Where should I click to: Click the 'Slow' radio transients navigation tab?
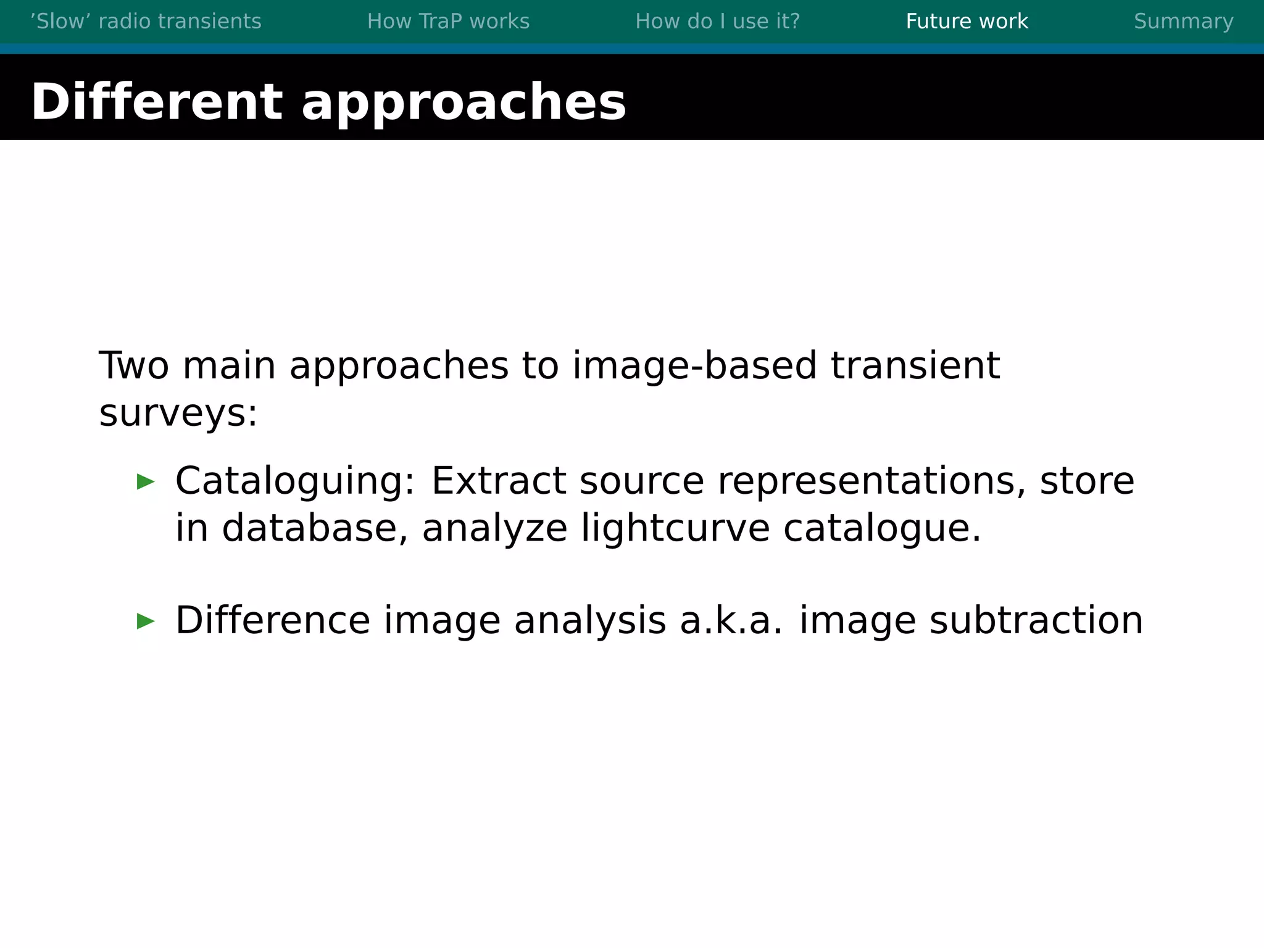tap(146, 22)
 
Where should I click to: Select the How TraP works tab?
tap(448, 22)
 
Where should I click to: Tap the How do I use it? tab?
tap(717, 22)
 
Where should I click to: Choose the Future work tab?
tap(967, 22)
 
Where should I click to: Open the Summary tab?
tap(1183, 22)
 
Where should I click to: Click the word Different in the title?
tap(157, 102)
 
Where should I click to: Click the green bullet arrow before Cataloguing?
tap(146, 481)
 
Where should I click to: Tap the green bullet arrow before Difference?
tap(146, 621)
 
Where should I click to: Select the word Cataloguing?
tap(295, 482)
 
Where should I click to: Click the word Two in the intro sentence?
tap(133, 365)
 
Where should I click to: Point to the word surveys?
tap(178, 414)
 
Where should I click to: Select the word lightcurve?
tap(675, 530)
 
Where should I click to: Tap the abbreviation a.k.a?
tap(731, 620)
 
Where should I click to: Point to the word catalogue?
tap(881, 530)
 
